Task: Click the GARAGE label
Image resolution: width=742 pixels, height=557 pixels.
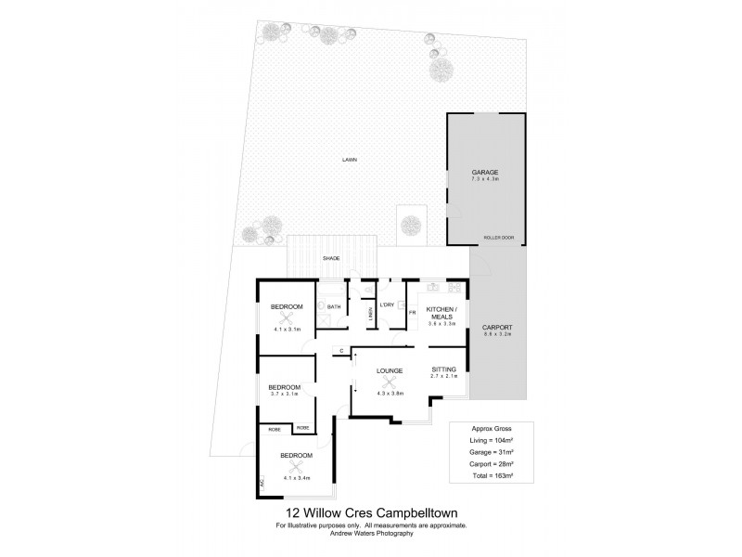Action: tap(485, 173)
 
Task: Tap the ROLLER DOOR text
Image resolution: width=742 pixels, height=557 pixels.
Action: tap(500, 238)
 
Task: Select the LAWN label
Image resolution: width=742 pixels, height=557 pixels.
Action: tap(349, 160)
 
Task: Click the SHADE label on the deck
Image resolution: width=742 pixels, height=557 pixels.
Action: tap(331, 259)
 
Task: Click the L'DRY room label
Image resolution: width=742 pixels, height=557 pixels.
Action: tap(388, 304)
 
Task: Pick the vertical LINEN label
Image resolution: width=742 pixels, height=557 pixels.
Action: tap(369, 316)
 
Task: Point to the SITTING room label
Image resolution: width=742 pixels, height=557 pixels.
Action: tap(445, 369)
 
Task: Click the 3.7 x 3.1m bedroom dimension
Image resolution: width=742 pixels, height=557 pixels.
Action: tap(285, 395)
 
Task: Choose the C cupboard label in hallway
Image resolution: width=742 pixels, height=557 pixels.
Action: tap(342, 350)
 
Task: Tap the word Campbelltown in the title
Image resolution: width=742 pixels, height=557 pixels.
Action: tap(421, 512)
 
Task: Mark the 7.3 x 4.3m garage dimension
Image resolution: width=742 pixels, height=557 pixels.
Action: tap(485, 182)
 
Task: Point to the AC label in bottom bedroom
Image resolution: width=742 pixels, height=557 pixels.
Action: tap(262, 483)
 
